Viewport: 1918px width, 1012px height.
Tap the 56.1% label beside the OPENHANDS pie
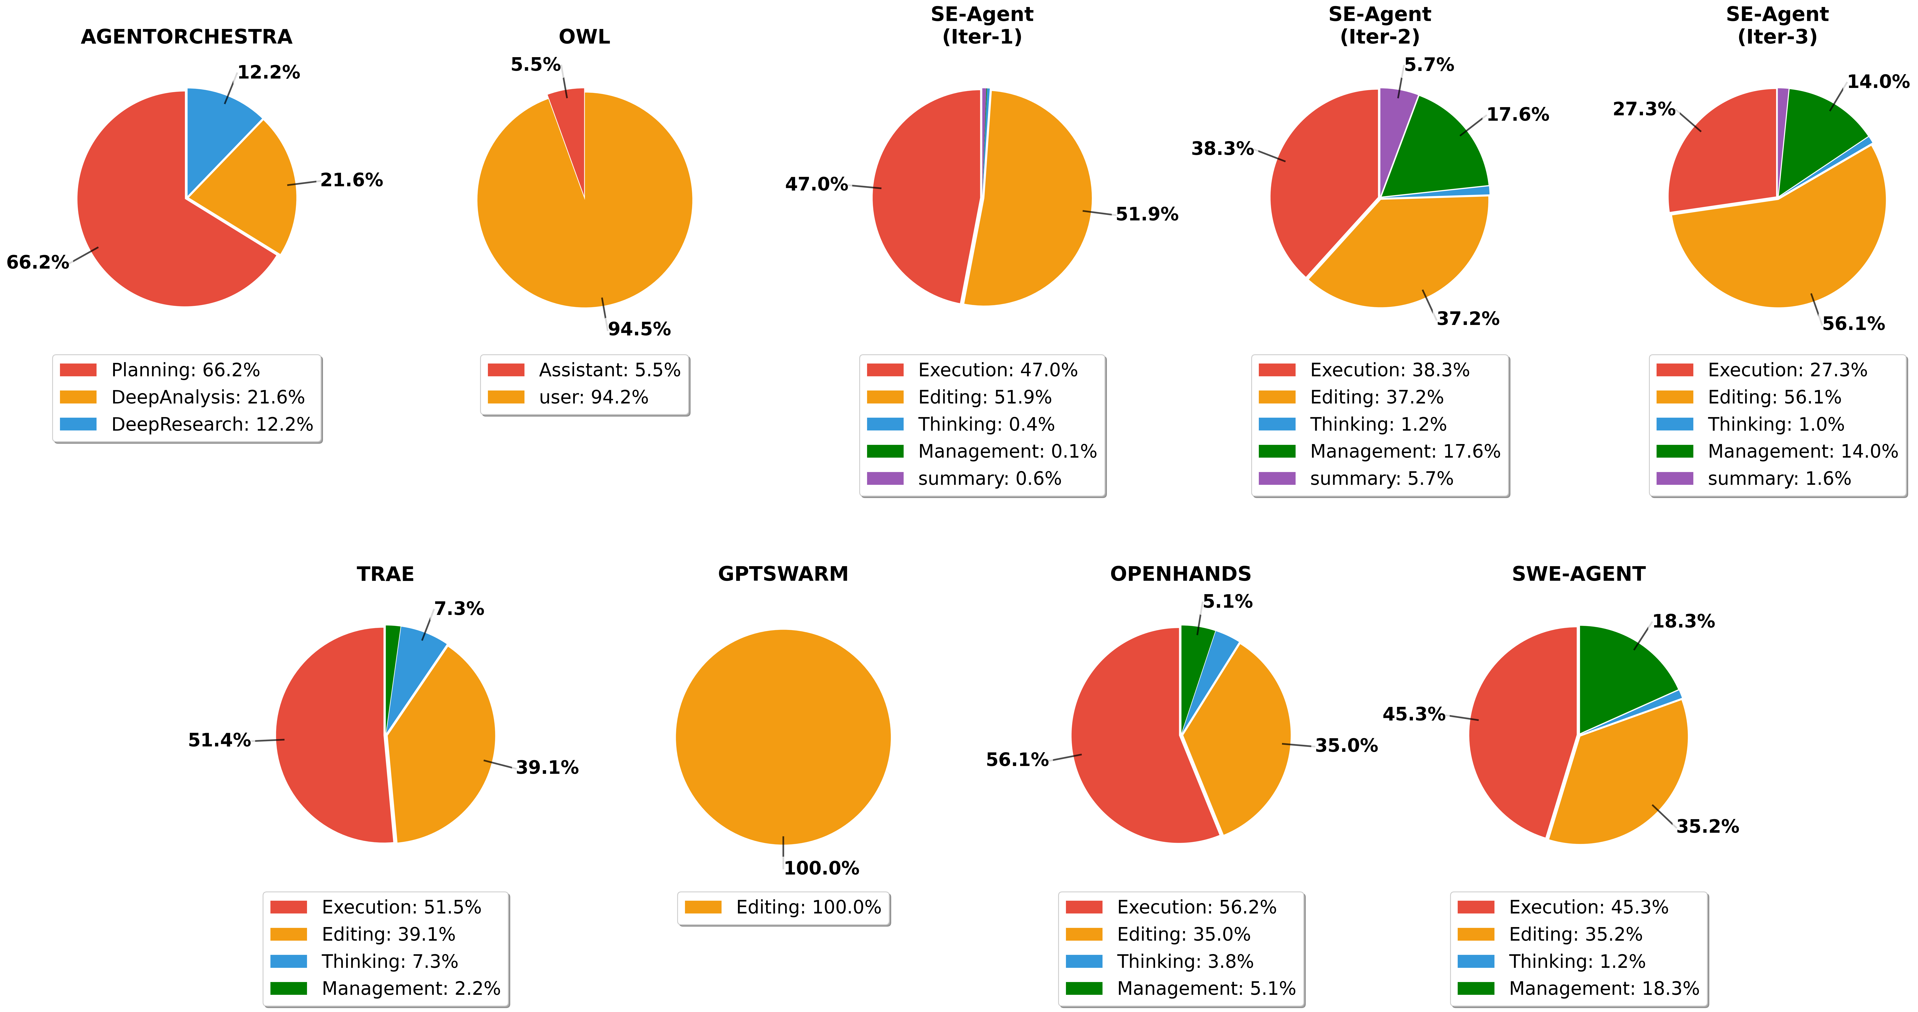point(1017,760)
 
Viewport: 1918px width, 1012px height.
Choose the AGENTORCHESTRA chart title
point(186,37)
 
